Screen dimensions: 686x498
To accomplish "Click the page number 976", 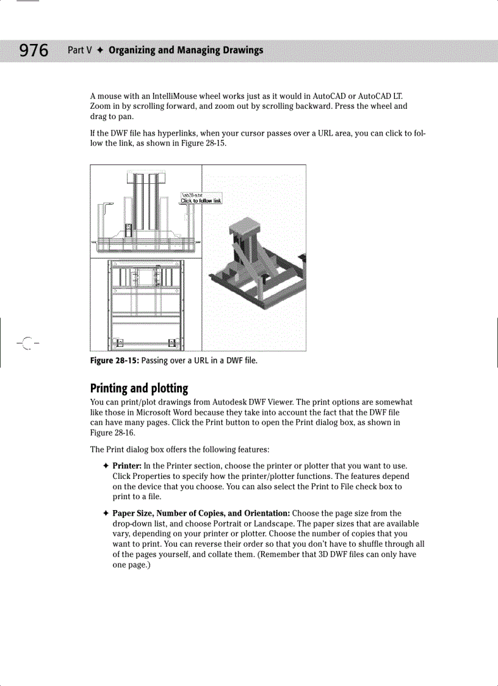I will [34, 50].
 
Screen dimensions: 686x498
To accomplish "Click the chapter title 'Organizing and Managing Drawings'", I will [186, 50].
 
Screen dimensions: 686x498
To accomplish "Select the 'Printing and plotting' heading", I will [139, 389].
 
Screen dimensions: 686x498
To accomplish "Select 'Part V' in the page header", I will [79, 50].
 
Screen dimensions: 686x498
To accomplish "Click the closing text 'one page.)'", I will [132, 565].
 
